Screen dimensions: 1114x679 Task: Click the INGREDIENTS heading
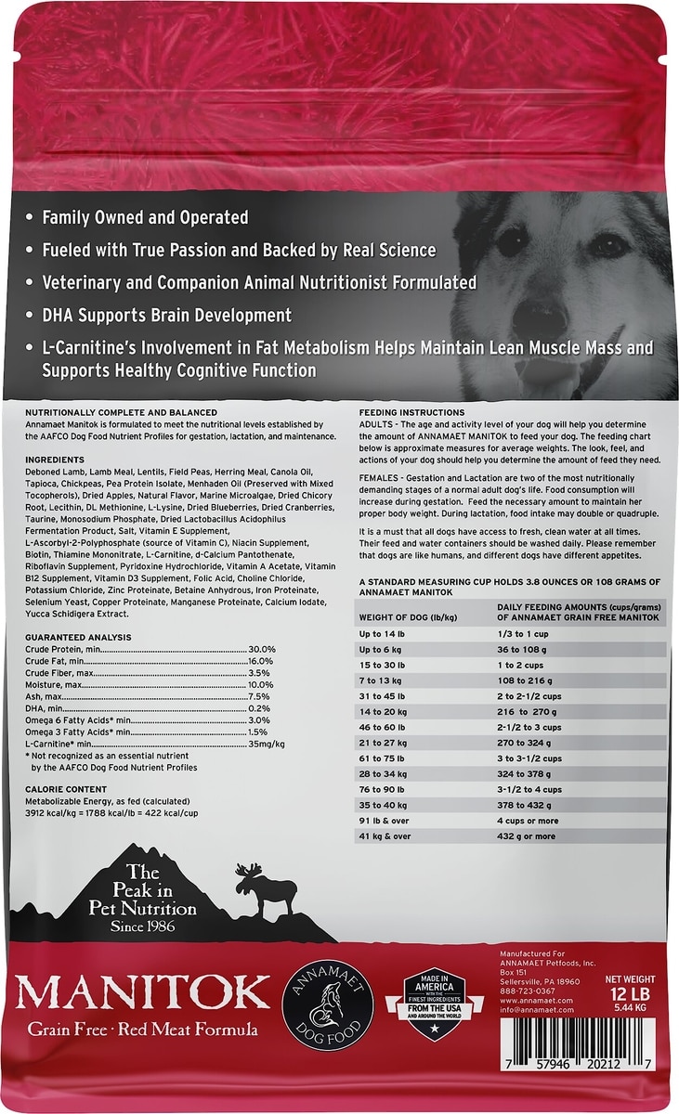click(x=55, y=460)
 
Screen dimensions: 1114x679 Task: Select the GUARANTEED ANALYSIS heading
click(x=78, y=637)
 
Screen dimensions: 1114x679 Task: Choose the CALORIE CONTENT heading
click(x=69, y=788)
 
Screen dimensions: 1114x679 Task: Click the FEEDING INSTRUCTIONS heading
click(x=411, y=412)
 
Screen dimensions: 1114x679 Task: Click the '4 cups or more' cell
click(x=529, y=821)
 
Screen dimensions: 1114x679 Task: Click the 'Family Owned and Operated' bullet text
click(x=145, y=218)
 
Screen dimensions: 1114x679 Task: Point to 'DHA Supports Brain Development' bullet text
click(x=167, y=315)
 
